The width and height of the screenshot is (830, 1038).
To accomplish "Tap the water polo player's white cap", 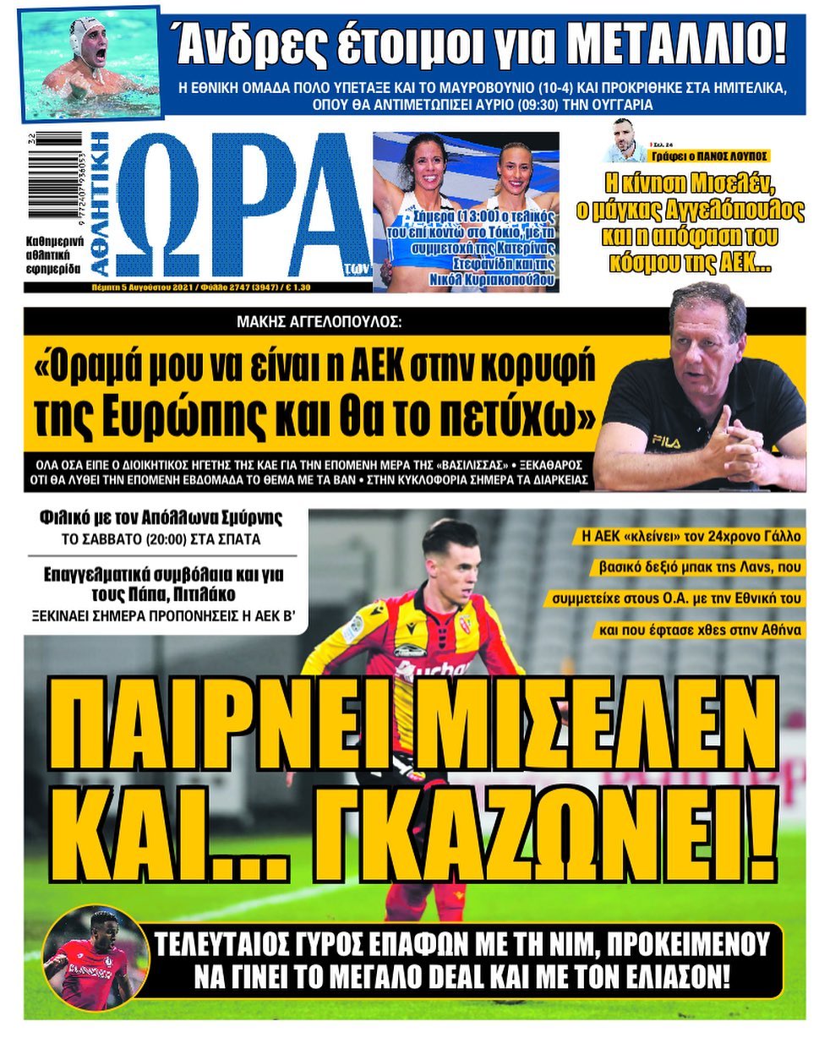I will (x=86, y=32).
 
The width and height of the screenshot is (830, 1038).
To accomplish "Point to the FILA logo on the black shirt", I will (x=665, y=440).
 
